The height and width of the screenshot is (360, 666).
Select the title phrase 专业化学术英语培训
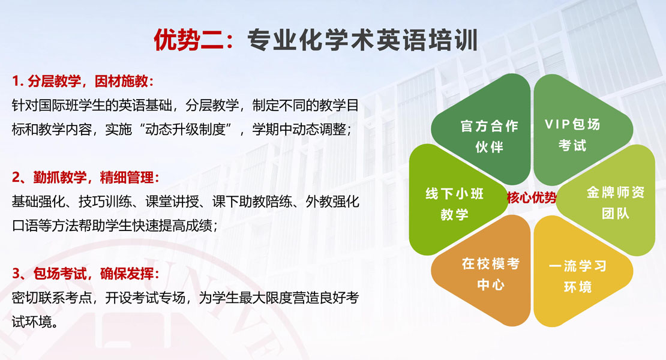(x=363, y=40)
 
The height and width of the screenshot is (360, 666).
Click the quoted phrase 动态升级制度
(x=185, y=129)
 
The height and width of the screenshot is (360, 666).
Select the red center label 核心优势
(x=532, y=197)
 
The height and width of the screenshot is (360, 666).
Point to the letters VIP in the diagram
(x=557, y=124)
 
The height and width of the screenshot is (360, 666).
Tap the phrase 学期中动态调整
(x=299, y=129)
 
